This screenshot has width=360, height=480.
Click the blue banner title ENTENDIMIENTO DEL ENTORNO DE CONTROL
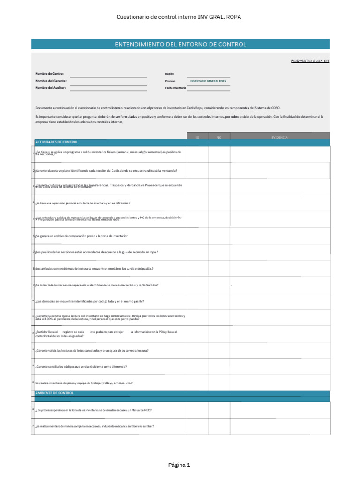coord(180,45)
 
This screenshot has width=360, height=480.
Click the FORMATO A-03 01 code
coord(310,61)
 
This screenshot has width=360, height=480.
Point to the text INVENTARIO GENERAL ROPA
coord(208,81)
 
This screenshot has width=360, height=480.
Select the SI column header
coord(198,137)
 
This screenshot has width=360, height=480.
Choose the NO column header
coord(219,137)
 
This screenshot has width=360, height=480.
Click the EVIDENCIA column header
coord(279,137)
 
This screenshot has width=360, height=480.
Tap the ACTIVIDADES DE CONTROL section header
coord(57,142)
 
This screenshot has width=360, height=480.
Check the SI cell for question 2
coord(198,171)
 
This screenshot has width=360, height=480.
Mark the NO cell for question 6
coord(219,236)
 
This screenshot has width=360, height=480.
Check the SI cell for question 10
coord(198,301)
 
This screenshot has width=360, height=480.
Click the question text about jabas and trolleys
coord(84,383)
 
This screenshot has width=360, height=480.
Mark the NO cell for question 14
coord(219,367)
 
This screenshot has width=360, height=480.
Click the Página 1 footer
coord(180,465)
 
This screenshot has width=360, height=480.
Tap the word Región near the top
coord(170,74)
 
